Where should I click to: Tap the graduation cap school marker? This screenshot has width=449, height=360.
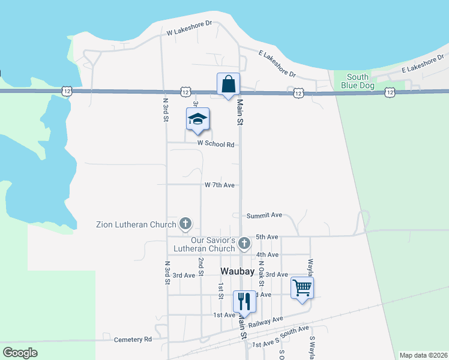pos(197,119)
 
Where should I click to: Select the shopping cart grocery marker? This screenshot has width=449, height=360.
pos(302,287)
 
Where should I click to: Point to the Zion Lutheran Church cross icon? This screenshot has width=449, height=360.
pos(185,224)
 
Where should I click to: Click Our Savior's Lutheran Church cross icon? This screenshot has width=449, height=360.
pos(244,244)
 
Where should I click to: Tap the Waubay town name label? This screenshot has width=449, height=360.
pos(238,271)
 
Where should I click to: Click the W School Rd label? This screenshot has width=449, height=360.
pos(215,144)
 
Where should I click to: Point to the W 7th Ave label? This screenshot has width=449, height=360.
pos(219,185)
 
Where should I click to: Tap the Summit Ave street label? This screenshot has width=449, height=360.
pos(264,215)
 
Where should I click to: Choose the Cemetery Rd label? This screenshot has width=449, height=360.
pos(133,340)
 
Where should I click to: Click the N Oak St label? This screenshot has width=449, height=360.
pos(261,284)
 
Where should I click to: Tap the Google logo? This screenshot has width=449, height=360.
pos(20,353)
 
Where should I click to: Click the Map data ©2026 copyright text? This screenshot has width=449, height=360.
pos(423,355)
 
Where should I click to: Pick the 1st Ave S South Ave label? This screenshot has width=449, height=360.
pos(280,336)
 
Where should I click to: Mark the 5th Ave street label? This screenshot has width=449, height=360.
pos(268,237)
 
